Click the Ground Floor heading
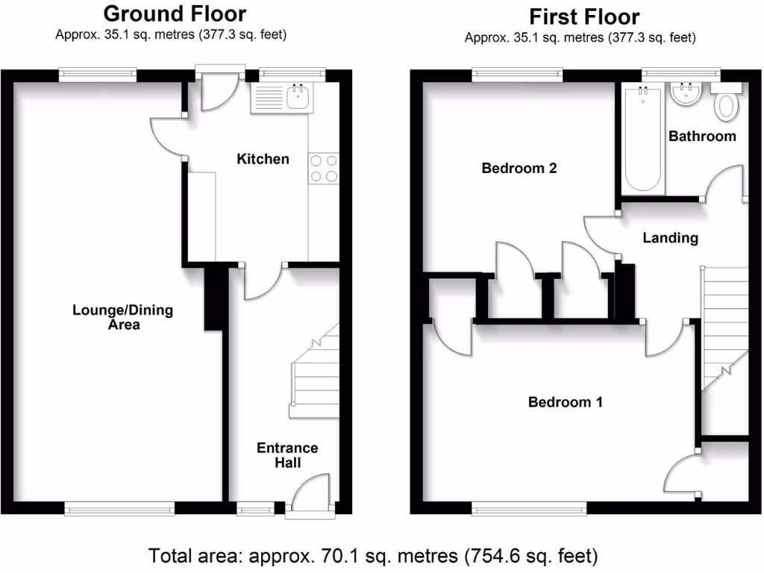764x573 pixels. point(175,13)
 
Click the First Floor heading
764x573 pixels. point(584,16)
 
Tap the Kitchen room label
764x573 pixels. point(263,159)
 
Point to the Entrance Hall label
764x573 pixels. point(287,455)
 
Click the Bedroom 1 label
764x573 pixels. point(566,402)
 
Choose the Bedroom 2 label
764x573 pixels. point(519,168)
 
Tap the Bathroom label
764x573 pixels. point(702,136)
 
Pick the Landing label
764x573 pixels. point(670,238)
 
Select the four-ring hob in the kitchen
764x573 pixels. point(322,167)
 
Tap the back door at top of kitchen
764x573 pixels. point(219,91)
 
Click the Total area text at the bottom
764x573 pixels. point(373,556)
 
